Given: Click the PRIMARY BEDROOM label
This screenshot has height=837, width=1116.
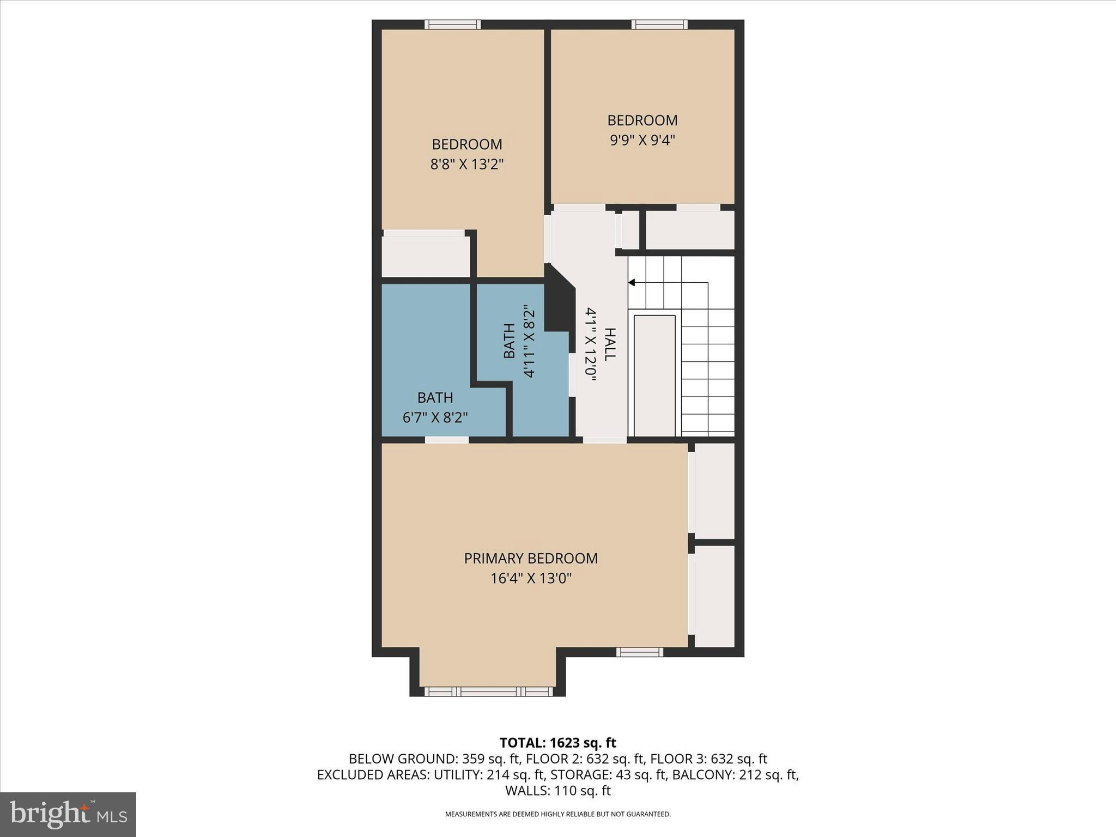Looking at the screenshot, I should pos(531,559).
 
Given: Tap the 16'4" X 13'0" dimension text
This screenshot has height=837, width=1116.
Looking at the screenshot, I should pos(531,578).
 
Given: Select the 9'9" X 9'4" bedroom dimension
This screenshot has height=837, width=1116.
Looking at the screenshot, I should pos(642,140).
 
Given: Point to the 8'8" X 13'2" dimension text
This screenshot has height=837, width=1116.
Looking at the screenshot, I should pos(467,164).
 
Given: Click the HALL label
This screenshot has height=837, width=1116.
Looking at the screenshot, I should pos(610,344).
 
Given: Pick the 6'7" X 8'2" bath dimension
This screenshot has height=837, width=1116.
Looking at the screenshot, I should pos(435,417).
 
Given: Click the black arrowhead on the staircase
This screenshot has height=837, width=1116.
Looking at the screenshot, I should pos(632,282).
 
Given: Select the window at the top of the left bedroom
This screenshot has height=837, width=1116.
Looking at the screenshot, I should pos(452,25).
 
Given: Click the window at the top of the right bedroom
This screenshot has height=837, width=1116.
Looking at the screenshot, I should pos(659,25).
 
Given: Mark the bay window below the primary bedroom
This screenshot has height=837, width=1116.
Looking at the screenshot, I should pos(488,692).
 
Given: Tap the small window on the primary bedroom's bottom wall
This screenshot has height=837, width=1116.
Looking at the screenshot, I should pos(640,652).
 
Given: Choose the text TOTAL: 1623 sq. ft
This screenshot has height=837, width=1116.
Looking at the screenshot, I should pos(558,743).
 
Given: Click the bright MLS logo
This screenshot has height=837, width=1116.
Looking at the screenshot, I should pos(68,814).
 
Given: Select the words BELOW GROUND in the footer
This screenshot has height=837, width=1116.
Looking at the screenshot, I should pos(403,759).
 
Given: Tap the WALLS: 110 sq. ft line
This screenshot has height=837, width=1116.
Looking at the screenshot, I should pos(558,791).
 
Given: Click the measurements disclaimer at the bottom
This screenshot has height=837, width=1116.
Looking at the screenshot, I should pos(558,814).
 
